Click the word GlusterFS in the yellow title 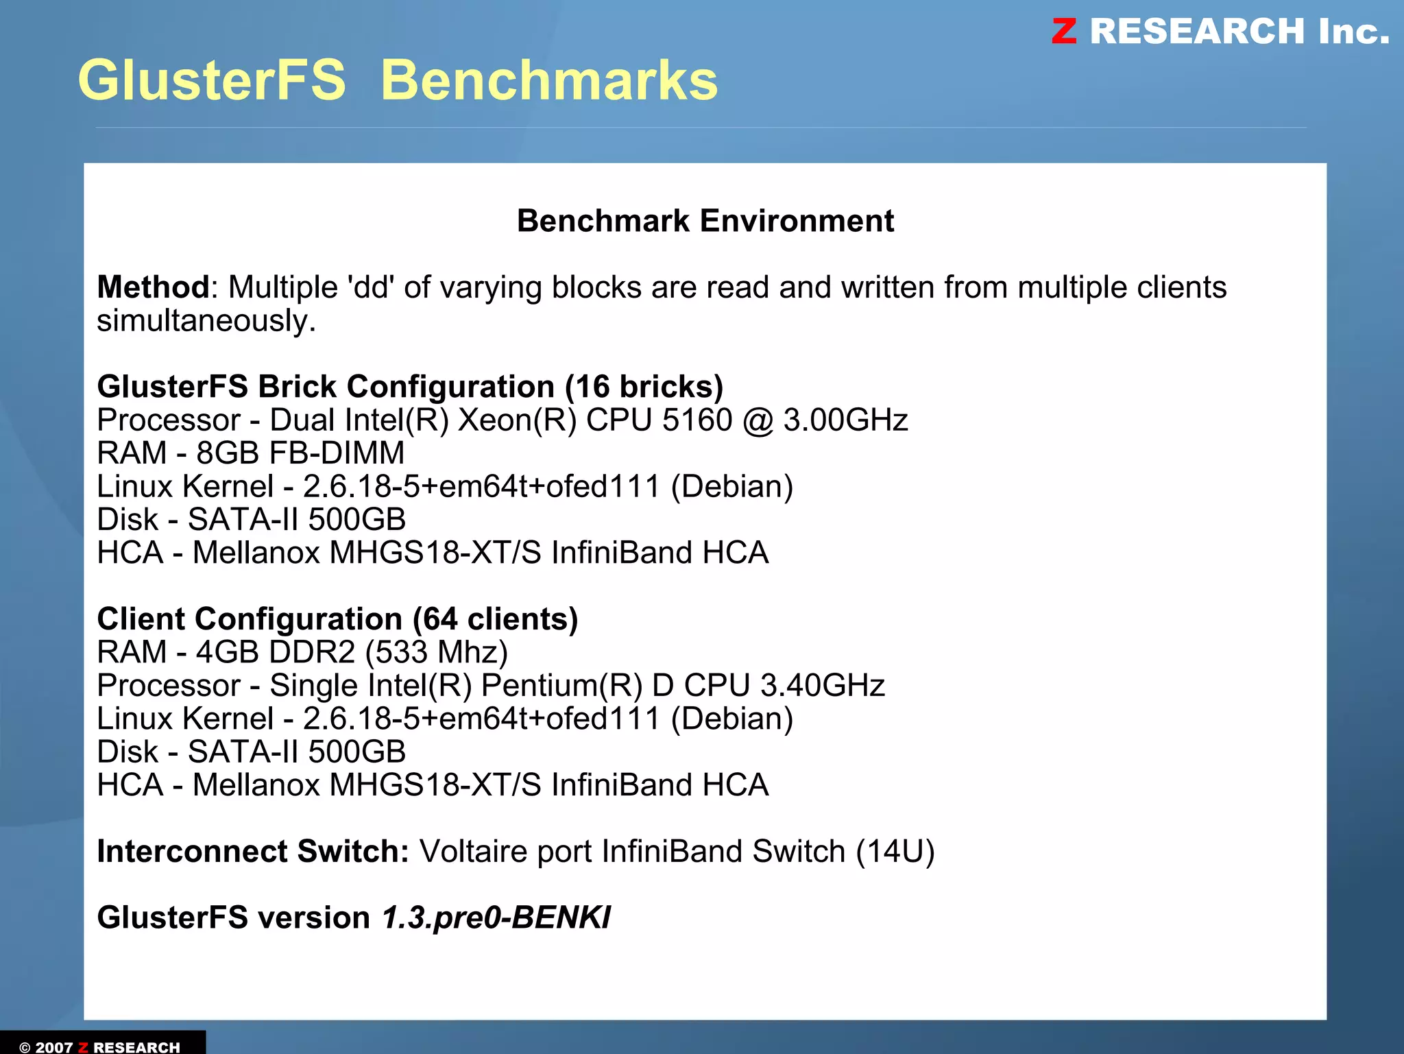(x=212, y=80)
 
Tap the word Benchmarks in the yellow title (x=548, y=80)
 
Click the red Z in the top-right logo (x=1064, y=32)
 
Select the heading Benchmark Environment (x=705, y=221)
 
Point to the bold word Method (x=153, y=287)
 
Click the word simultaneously (x=206, y=321)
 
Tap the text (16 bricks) (x=644, y=387)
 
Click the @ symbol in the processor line (x=758, y=420)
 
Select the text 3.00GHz (x=845, y=420)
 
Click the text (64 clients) (x=495, y=619)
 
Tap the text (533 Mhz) (x=436, y=652)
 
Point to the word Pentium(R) (x=561, y=686)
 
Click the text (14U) (x=895, y=852)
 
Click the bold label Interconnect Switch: (x=253, y=852)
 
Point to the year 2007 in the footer (x=54, y=1047)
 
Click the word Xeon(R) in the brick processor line (x=517, y=420)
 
